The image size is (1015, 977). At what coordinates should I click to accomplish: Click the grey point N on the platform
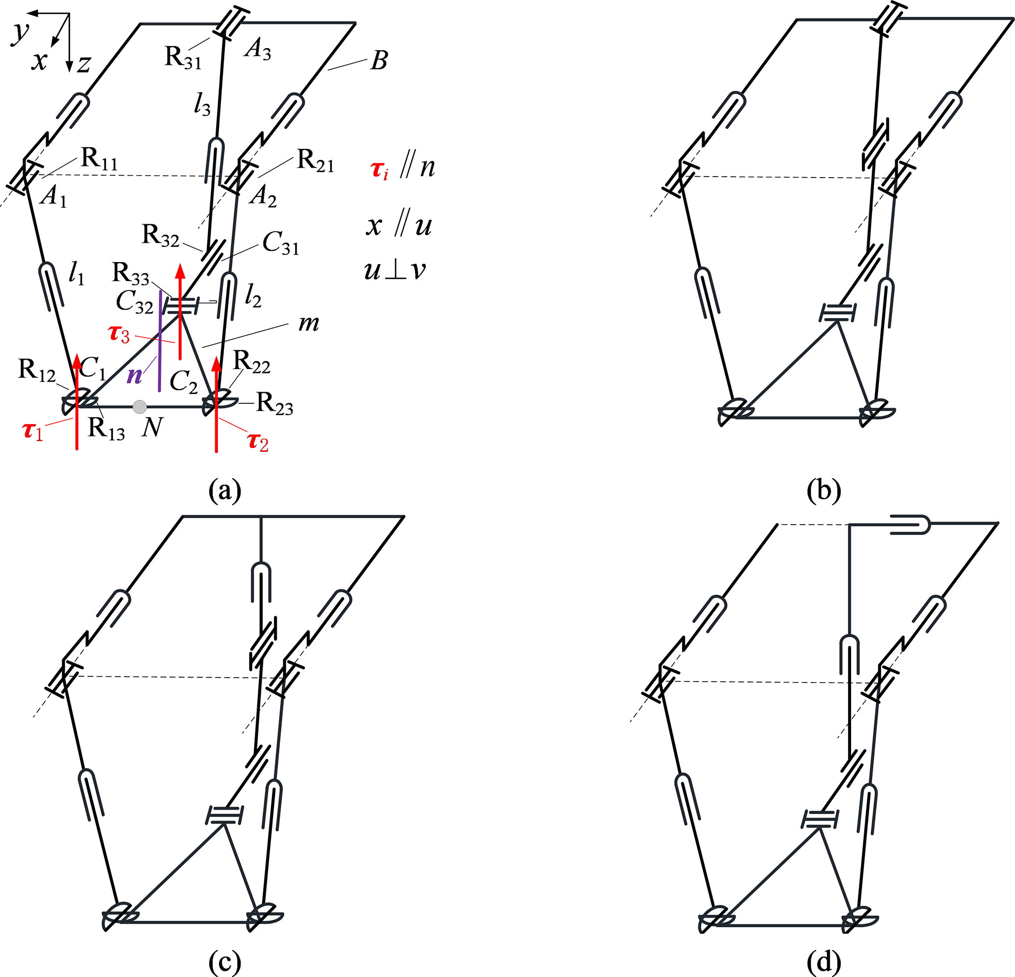pyautogui.click(x=139, y=407)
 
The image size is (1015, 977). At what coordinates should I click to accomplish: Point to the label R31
pyautogui.click(x=182, y=57)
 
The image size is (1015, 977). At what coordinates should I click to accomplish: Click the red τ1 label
pyautogui.click(x=33, y=431)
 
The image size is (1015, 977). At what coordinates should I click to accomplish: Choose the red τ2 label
pyautogui.click(x=257, y=442)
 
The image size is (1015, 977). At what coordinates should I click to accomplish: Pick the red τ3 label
pyautogui.click(x=119, y=334)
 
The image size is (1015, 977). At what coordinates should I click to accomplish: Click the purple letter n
pyautogui.click(x=135, y=374)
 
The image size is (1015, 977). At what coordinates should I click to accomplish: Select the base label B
pyautogui.click(x=379, y=60)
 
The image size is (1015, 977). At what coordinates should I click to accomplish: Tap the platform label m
pyautogui.click(x=309, y=323)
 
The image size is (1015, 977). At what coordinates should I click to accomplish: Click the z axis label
pyautogui.click(x=84, y=65)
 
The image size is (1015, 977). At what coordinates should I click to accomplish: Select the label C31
pyautogui.click(x=281, y=243)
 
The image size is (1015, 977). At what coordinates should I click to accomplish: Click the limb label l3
pyautogui.click(x=202, y=105)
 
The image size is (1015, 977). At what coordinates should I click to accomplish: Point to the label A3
pyautogui.click(x=258, y=50)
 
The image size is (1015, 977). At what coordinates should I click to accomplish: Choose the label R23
pyautogui.click(x=274, y=404)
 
